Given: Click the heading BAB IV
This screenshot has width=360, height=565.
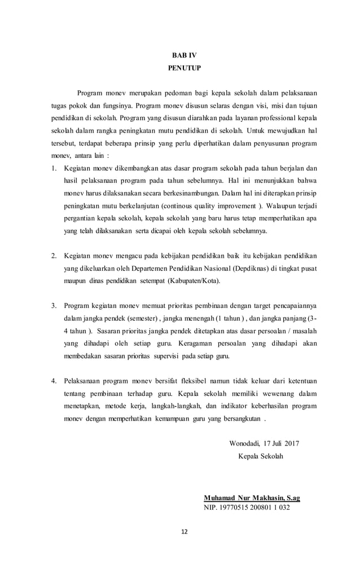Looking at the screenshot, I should pos(181,55).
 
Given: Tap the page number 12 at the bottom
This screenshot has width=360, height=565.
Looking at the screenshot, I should pos(181,546).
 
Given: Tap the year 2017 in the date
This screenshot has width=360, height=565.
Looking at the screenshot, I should pos(292,443).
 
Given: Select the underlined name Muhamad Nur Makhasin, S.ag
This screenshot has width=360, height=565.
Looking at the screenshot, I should pos(252,498).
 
